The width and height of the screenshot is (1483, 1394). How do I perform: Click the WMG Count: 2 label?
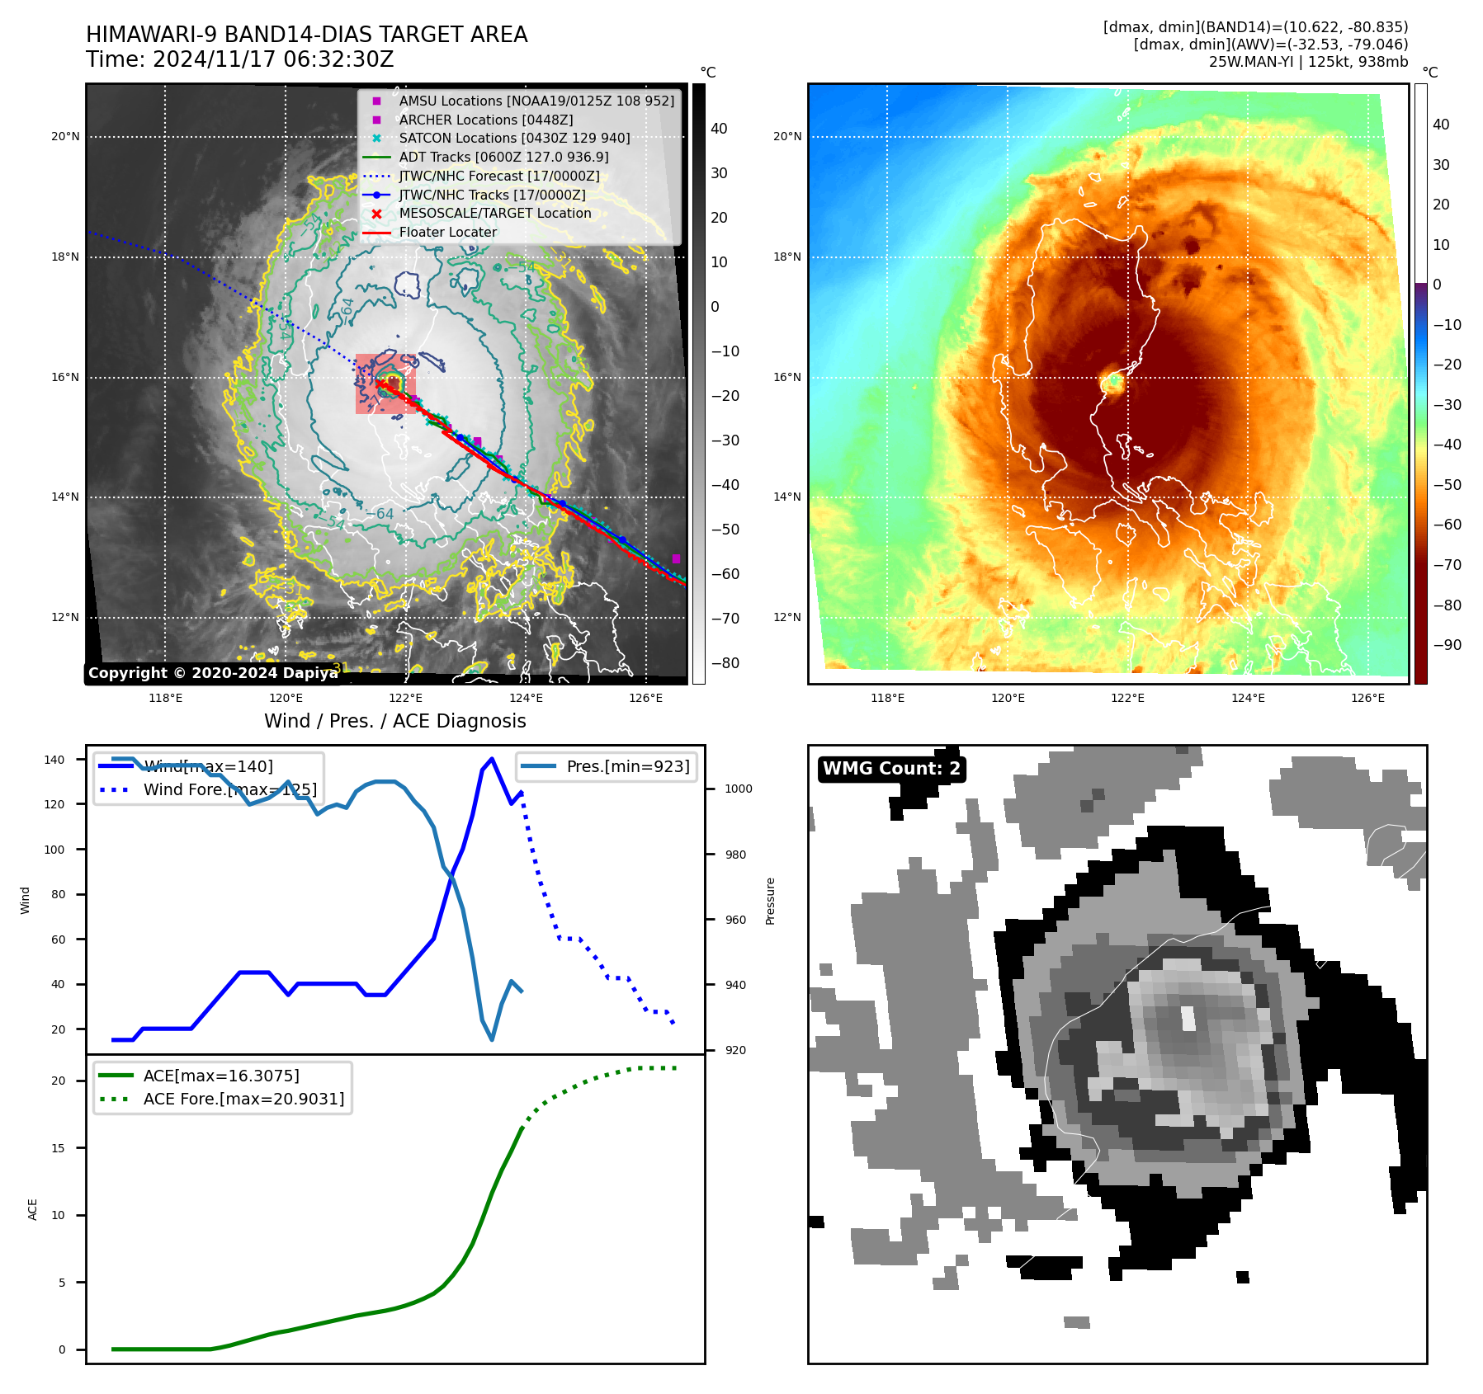pos(891,769)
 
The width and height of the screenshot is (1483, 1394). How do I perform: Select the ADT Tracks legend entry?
pos(503,157)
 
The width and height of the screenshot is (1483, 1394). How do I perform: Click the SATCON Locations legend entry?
pos(514,139)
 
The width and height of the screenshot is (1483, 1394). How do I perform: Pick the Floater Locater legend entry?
pos(447,233)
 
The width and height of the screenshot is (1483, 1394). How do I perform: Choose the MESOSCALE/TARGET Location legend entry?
pos(495,214)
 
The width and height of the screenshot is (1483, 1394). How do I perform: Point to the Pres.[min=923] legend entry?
pos(627,767)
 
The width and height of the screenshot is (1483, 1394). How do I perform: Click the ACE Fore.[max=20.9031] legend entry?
pos(243,1099)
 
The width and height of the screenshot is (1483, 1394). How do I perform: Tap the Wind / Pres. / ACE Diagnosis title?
pos(394,721)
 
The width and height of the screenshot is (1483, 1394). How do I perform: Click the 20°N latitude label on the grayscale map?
pos(65,137)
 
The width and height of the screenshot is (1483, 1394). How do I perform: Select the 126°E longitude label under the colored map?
pos(1367,699)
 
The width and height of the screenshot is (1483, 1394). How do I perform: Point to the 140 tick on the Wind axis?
pos(54,760)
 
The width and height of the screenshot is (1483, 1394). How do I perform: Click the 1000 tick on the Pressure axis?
pos(738,789)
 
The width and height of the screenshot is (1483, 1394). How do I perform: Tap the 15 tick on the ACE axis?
pos(58,1148)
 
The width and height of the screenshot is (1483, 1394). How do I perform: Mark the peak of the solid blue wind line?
pos(492,759)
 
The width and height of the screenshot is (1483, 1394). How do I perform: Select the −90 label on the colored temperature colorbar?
pos(1447,645)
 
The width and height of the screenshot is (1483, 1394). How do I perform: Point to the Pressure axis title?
pos(770,901)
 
